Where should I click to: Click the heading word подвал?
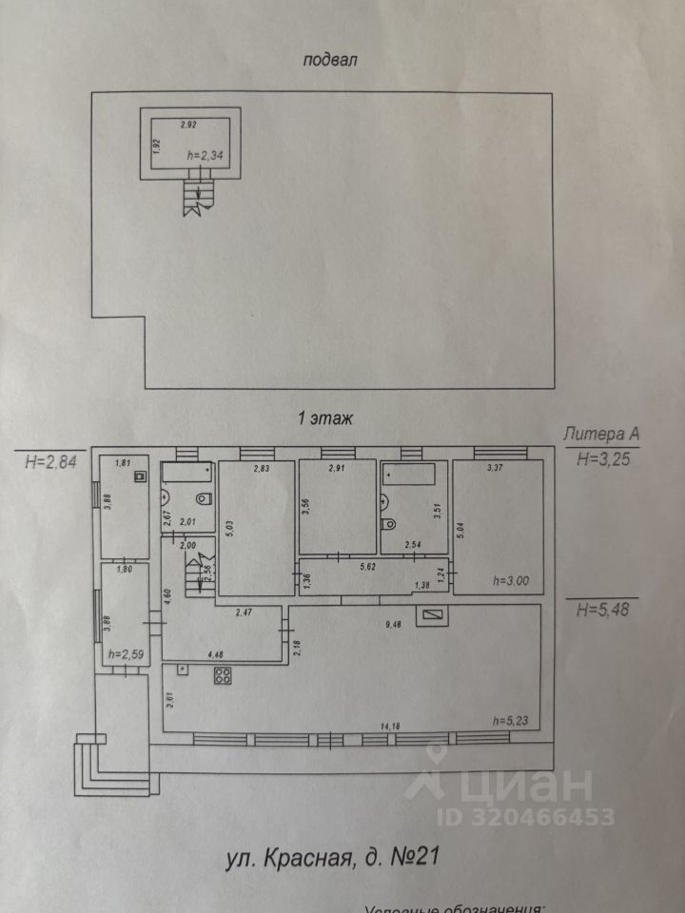point(329,62)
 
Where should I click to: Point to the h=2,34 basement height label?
point(205,156)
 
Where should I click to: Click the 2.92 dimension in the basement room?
point(189,125)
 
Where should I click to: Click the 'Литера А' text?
point(601,435)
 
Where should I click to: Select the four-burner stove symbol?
point(225,677)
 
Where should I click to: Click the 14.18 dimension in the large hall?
point(389,727)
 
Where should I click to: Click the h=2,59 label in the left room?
point(125,653)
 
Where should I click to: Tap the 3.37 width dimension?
point(495,468)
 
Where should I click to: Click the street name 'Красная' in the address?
point(308,859)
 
